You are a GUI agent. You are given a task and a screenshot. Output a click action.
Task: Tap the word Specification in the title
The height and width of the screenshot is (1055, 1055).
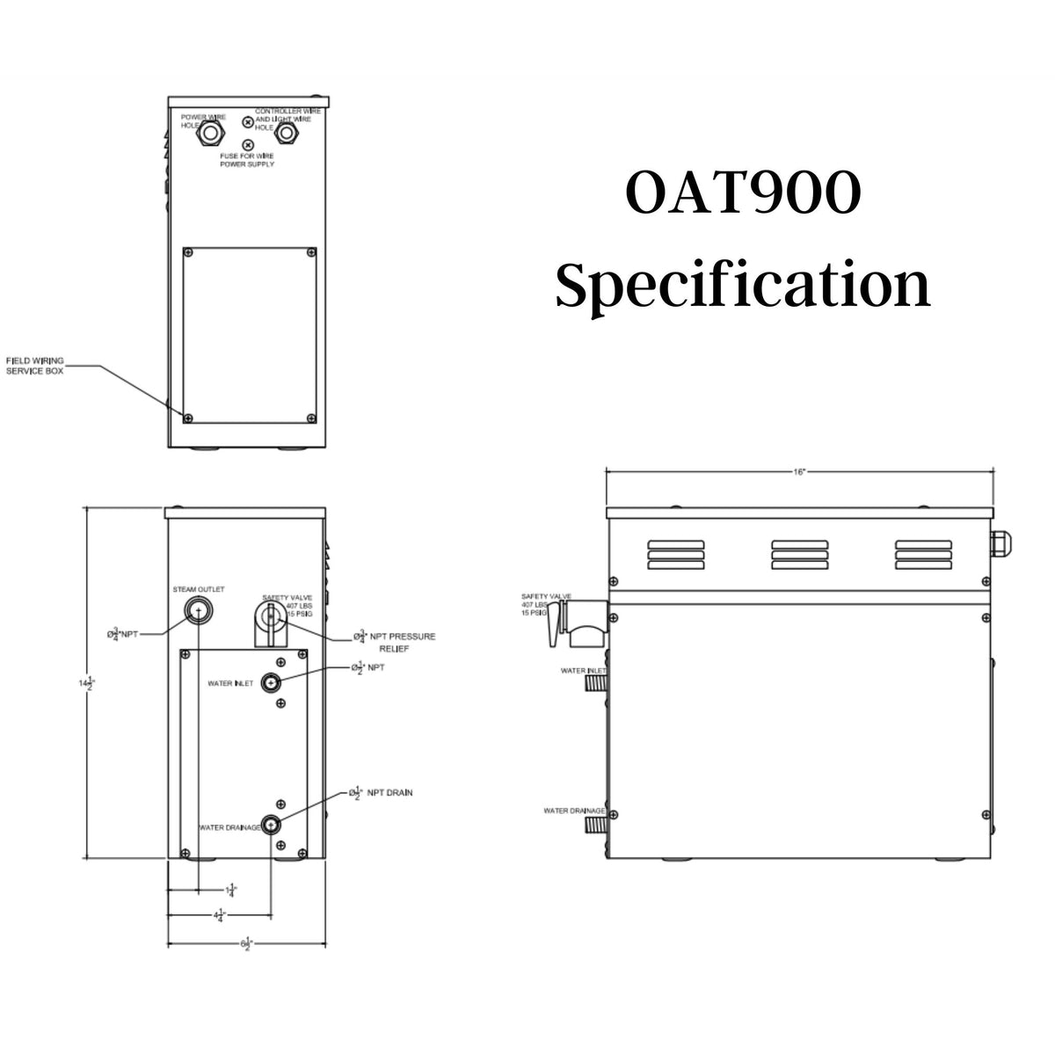pyautogui.click(x=742, y=286)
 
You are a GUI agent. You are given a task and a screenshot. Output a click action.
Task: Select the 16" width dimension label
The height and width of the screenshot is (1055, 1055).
pyautogui.click(x=798, y=472)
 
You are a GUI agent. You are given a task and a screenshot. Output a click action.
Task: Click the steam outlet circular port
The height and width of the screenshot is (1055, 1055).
pyautogui.click(x=199, y=611)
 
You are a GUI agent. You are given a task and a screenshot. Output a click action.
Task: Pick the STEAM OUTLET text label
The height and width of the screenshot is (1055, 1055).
pyautogui.click(x=199, y=589)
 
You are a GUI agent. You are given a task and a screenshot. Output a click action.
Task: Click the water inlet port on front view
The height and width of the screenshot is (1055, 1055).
pyautogui.click(x=273, y=683)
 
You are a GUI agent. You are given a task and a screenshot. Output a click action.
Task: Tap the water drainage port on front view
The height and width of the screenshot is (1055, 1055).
pyautogui.click(x=273, y=824)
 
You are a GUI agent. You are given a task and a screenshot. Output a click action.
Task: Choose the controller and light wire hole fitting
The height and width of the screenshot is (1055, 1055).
pyautogui.click(x=286, y=134)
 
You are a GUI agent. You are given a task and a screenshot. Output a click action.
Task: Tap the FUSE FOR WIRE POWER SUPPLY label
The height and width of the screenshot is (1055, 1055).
pyautogui.click(x=247, y=159)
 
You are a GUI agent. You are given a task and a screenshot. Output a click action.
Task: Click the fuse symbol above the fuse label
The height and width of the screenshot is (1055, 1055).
pyautogui.click(x=248, y=144)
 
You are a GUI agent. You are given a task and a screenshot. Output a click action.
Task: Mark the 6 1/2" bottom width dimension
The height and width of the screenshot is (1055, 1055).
pyautogui.click(x=247, y=944)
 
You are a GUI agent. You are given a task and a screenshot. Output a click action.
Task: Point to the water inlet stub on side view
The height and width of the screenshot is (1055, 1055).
pyautogui.click(x=598, y=680)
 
